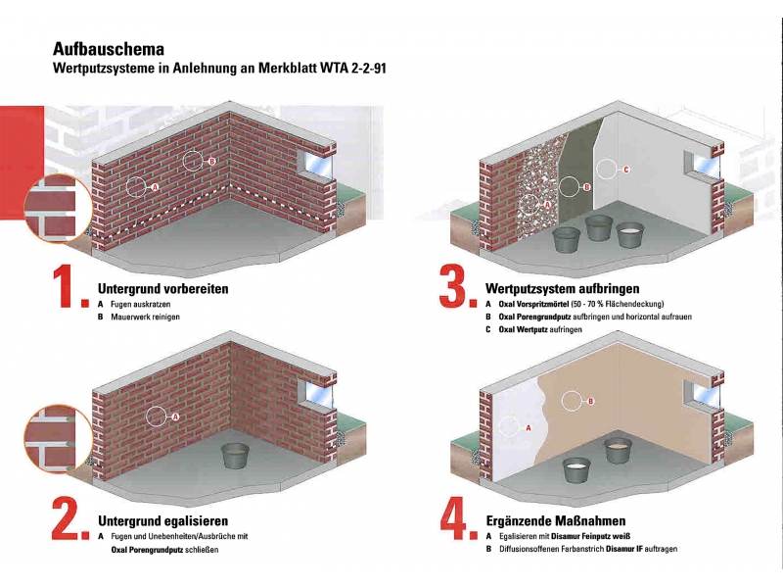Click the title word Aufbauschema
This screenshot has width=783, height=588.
tap(109, 49)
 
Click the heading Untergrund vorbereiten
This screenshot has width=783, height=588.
tap(162, 289)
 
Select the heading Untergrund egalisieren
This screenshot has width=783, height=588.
tap(162, 521)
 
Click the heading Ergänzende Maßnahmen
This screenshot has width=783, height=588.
tap(556, 521)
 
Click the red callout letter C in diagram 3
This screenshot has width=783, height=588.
tap(626, 170)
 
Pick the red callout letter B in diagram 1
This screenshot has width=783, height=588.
tap(211, 162)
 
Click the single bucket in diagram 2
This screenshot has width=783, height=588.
tap(235, 456)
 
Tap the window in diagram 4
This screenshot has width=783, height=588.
tap(701, 394)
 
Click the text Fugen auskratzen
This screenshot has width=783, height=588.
tap(140, 304)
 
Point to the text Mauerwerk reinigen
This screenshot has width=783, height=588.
tap(145, 317)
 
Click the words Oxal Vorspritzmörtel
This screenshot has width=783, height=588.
tap(534, 304)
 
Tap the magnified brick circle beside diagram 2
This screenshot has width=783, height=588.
tap(59, 438)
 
